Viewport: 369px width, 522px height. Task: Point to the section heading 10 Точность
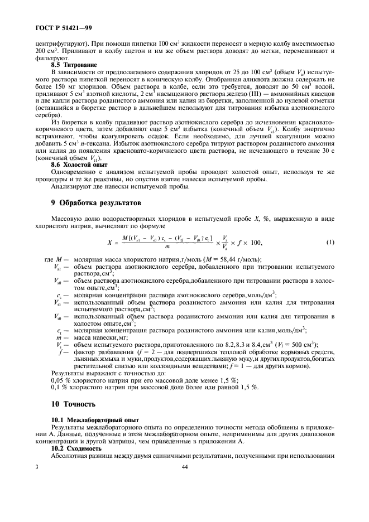(x=75, y=403)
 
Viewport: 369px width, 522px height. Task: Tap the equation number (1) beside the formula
(x=330, y=242)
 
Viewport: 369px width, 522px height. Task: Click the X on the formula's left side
(x=110, y=243)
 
